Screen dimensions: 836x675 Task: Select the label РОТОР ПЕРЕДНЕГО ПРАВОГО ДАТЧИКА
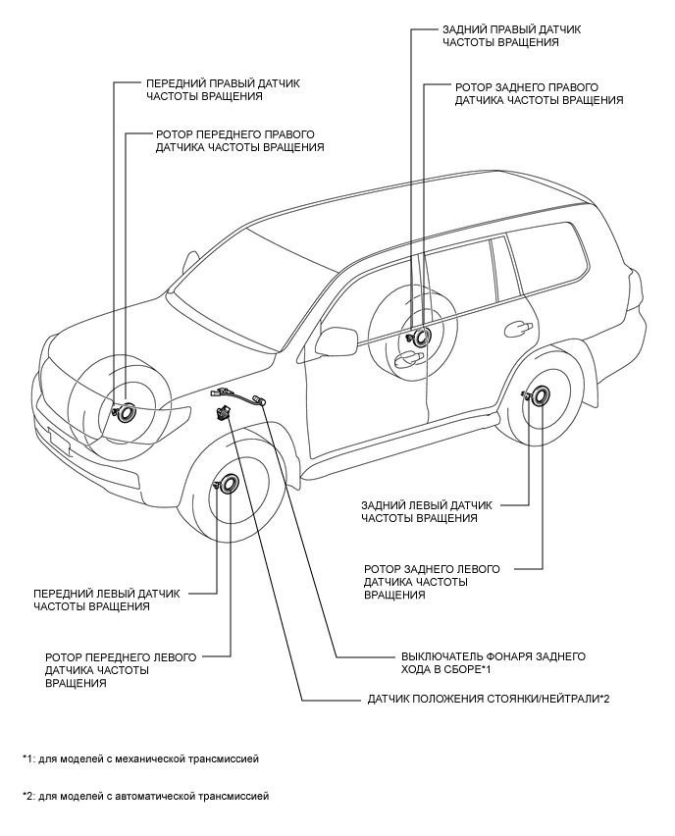tap(240, 140)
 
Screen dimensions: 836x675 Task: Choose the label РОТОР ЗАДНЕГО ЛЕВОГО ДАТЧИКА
tap(431, 582)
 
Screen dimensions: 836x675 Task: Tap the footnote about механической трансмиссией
tap(141, 758)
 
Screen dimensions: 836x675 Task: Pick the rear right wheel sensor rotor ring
tap(424, 337)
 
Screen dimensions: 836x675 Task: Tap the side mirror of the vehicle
tap(336, 340)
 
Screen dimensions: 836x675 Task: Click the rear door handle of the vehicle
tap(516, 326)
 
